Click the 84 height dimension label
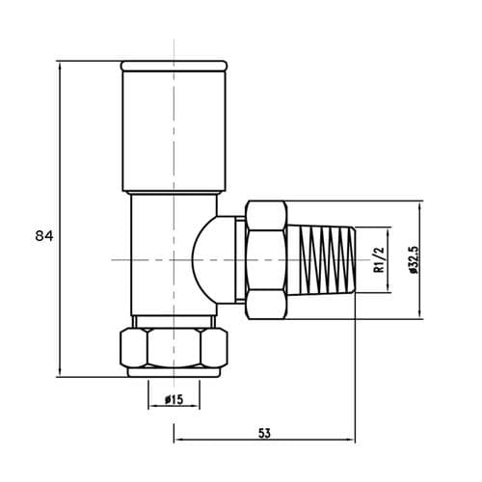[43, 235]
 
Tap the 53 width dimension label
[263, 434]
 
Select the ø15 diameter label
[174, 399]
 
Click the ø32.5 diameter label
[413, 261]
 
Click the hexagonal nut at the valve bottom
[174, 348]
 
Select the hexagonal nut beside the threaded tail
[266, 260]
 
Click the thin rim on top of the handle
[174, 66]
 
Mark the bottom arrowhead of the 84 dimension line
[61, 373]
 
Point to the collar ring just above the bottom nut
[174, 320]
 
